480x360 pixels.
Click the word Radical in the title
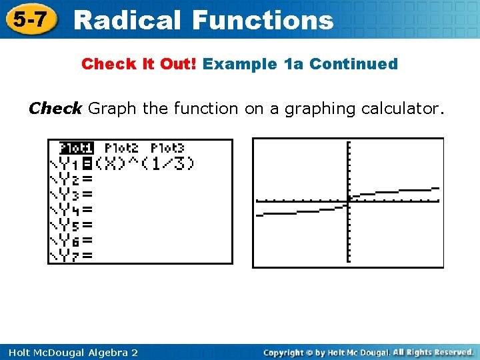[x=127, y=20]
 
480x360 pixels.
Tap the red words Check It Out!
[x=139, y=64]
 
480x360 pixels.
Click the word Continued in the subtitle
[x=353, y=64]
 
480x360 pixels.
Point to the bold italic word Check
[x=55, y=108]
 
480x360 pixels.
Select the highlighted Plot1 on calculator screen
[x=76, y=147]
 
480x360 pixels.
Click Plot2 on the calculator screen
[x=121, y=147]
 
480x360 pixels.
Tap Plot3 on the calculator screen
[x=167, y=147]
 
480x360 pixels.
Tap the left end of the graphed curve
[x=259, y=215]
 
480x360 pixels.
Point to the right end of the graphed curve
[x=437, y=188]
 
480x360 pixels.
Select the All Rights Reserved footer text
[x=433, y=352]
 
